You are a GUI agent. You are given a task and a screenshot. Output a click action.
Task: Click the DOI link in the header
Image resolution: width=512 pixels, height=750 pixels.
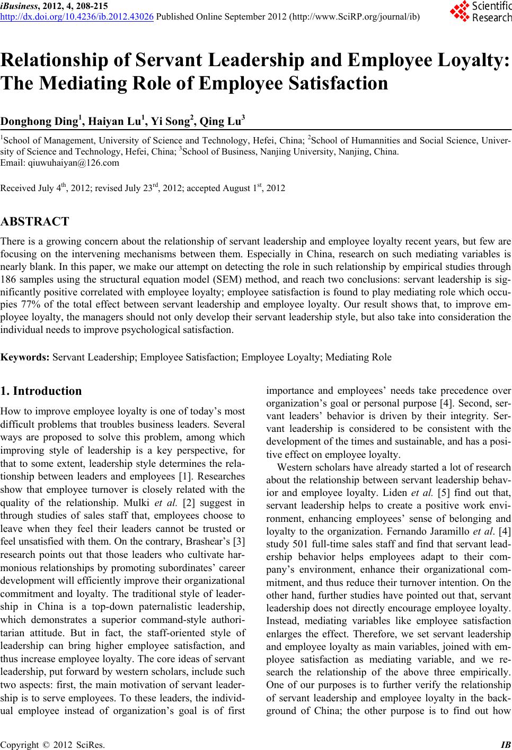77,16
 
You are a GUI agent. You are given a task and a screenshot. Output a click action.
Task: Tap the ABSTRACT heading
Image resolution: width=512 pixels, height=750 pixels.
35,221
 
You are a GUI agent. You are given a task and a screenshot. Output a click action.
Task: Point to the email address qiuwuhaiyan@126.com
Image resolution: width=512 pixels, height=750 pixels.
69,163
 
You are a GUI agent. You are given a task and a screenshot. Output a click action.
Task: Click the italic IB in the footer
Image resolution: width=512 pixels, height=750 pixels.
505,743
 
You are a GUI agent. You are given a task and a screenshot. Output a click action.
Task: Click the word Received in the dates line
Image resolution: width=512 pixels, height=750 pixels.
16,188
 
